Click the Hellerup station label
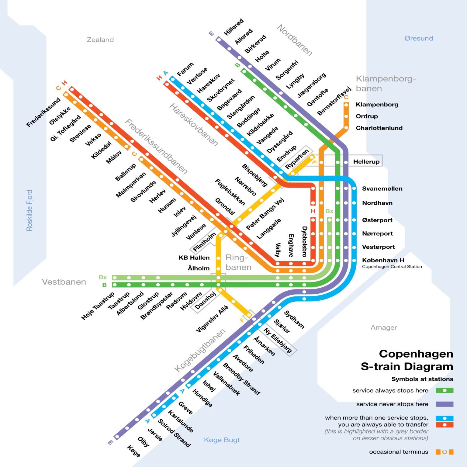(x=366, y=162)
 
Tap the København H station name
(x=383, y=260)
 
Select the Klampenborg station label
(x=377, y=105)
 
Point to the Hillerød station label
(x=233, y=27)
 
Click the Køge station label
(x=134, y=451)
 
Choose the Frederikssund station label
(x=43, y=112)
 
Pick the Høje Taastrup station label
(x=98, y=306)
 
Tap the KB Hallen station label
(x=194, y=258)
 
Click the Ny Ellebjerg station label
(x=278, y=340)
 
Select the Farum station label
(x=185, y=69)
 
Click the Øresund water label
(x=418, y=38)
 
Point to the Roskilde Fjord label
(x=29, y=210)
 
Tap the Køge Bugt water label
(x=222, y=440)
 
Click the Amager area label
(x=383, y=327)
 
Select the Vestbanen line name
(x=64, y=282)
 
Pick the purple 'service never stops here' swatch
(x=444, y=404)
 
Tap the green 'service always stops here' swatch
(x=444, y=390)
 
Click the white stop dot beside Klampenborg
(x=346, y=105)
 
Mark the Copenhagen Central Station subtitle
(x=392, y=267)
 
